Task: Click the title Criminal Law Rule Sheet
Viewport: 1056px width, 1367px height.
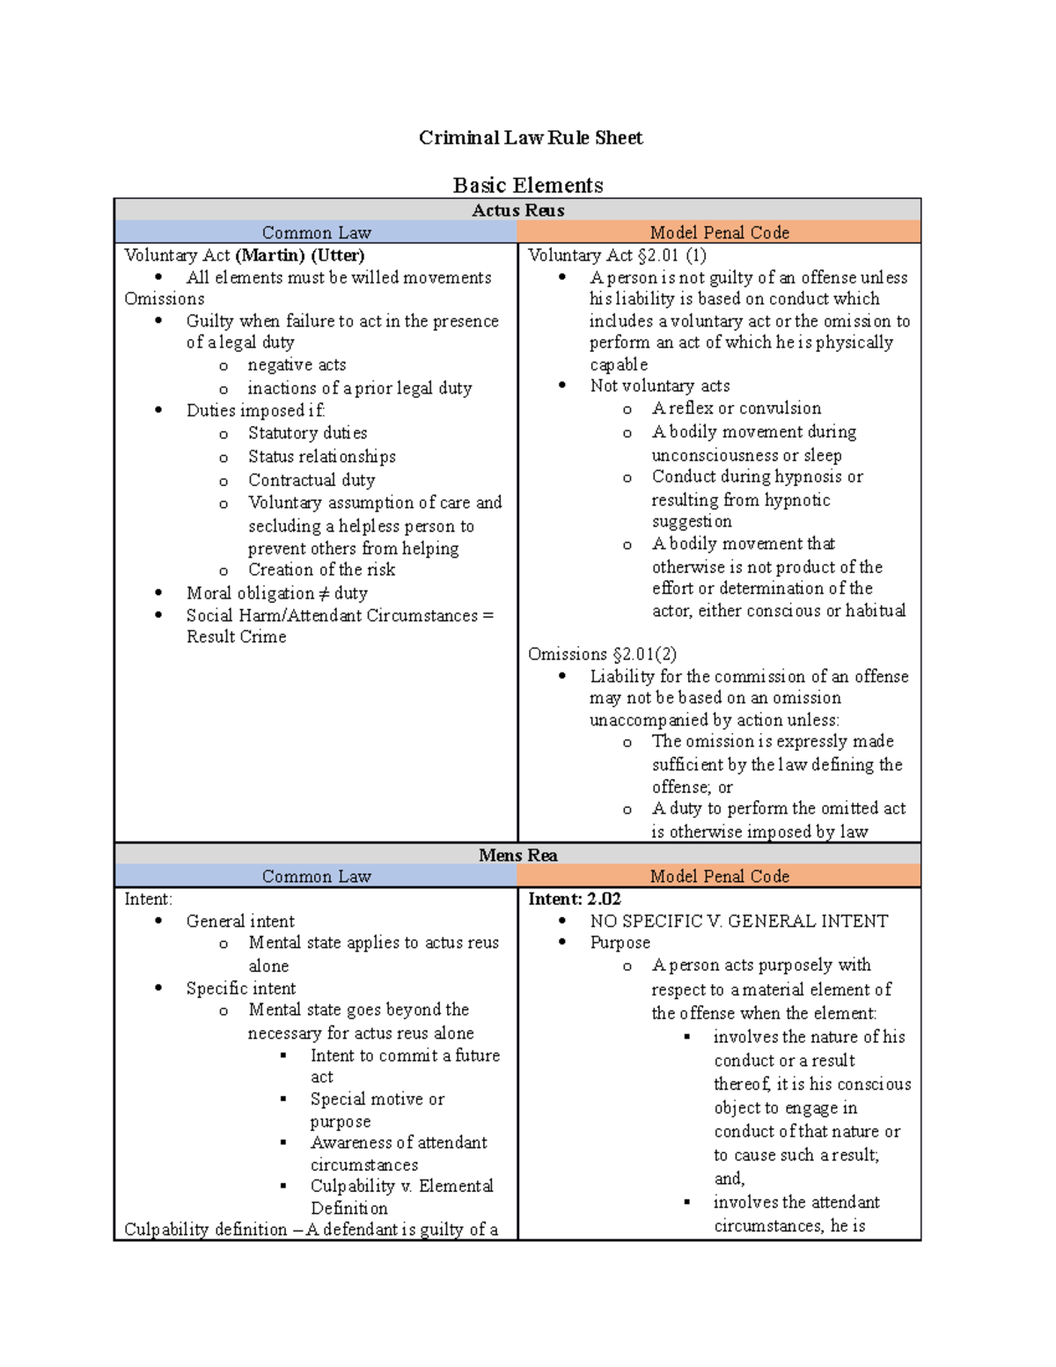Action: [530, 137]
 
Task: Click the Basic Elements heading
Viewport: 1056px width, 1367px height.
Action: [528, 185]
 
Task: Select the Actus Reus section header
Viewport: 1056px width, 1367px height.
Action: [517, 209]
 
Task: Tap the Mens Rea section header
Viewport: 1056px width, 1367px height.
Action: [517, 855]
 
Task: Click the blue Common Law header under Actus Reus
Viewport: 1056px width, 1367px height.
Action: [316, 232]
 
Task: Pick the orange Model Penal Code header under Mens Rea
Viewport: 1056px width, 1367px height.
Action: [719, 876]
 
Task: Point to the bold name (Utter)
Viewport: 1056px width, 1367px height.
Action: [338, 255]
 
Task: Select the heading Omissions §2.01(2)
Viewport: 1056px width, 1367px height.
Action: [602, 654]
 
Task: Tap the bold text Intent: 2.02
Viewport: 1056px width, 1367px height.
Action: [575, 899]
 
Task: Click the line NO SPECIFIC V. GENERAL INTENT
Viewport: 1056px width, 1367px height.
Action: [738, 921]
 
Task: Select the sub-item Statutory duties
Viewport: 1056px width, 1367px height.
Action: [307, 433]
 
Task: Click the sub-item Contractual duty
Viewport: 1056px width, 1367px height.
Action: [312, 480]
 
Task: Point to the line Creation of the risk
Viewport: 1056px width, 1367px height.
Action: [321, 570]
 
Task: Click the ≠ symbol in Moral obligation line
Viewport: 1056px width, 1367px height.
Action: [324, 593]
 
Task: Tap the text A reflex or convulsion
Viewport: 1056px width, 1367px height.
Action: [736, 408]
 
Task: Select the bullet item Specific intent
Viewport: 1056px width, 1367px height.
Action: [240, 989]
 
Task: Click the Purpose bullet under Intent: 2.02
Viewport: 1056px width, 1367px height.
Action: [620, 943]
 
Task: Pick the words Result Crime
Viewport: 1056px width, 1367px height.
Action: [236, 636]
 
